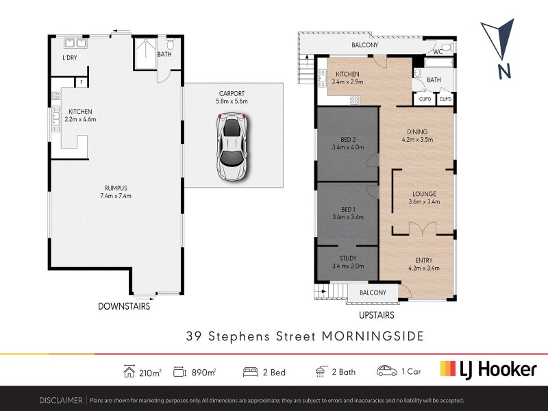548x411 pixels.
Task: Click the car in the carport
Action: [x=232, y=148]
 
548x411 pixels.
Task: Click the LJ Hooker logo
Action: [x=488, y=370]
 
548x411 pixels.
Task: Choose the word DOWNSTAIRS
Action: [x=123, y=307]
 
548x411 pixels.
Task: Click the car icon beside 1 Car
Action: [x=386, y=371]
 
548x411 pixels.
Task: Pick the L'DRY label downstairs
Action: [x=69, y=58]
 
